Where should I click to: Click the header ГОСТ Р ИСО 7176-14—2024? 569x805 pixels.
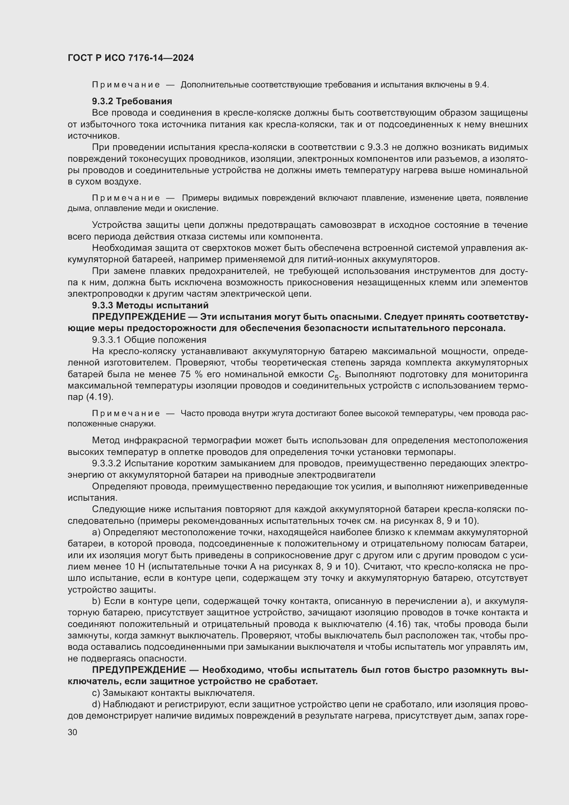pyautogui.click(x=131, y=58)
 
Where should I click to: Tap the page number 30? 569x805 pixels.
pyautogui.click(x=73, y=732)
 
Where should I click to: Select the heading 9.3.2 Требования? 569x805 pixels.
pyautogui.click(x=132, y=101)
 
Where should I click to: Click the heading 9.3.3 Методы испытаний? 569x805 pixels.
pyautogui.click(x=150, y=305)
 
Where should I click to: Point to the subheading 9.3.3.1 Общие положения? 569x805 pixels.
pyautogui.click(x=149, y=340)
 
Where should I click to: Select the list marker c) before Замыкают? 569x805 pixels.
pyautogui.click(x=96, y=693)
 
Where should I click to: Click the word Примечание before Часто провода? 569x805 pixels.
pyautogui.click(x=126, y=414)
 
